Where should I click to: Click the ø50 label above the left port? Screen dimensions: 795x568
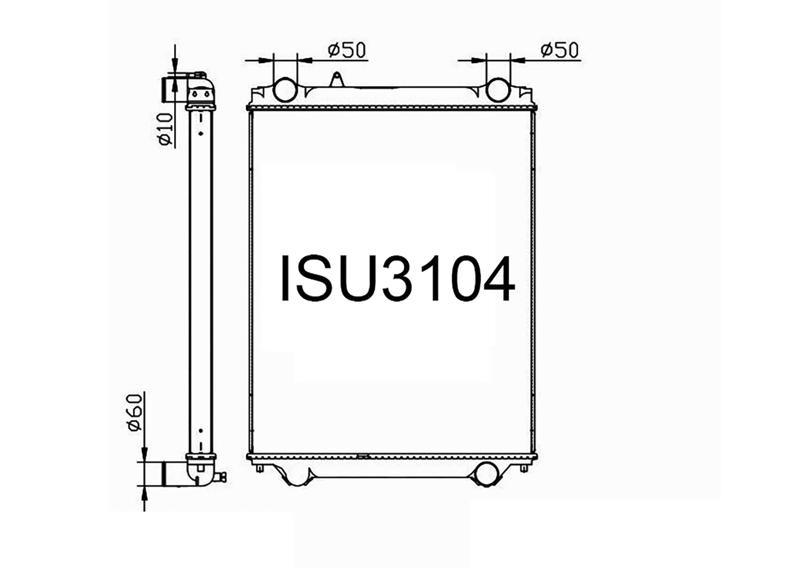point(347,51)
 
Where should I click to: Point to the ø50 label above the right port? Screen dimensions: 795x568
point(560,51)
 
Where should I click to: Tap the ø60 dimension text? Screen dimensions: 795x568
point(135,413)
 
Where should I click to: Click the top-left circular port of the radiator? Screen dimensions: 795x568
point(286,90)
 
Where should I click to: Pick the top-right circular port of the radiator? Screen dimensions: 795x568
point(498,90)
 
